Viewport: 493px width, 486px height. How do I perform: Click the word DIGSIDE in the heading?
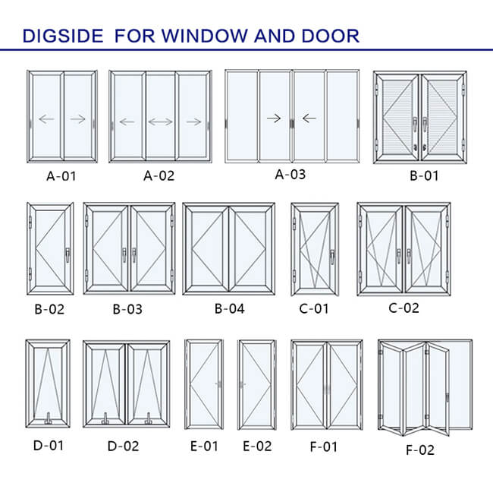click(x=66, y=35)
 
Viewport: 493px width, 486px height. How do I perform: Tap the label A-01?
click(x=61, y=177)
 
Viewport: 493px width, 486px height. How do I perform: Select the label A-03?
click(x=290, y=175)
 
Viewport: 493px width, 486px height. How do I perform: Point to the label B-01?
click(x=424, y=177)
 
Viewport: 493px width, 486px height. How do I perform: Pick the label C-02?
click(x=404, y=308)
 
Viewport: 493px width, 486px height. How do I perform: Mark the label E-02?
click(x=256, y=446)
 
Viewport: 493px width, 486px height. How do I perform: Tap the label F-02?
click(x=420, y=450)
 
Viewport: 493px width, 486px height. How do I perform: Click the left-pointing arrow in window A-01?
click(x=46, y=118)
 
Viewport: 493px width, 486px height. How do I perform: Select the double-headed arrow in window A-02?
click(x=160, y=121)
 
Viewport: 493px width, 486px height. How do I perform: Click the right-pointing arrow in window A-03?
click(x=275, y=118)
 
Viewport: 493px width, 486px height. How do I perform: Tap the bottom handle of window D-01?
click(x=47, y=417)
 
